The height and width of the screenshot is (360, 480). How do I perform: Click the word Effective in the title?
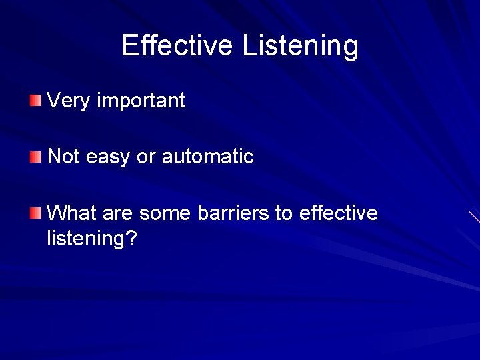pyautogui.click(x=177, y=45)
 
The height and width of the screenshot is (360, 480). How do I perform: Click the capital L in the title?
pyautogui.click(x=248, y=45)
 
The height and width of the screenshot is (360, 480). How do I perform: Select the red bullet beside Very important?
pyautogui.click(x=35, y=101)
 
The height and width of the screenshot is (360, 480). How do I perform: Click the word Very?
pyautogui.click(x=69, y=101)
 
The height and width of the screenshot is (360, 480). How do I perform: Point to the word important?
pyautogui.click(x=141, y=102)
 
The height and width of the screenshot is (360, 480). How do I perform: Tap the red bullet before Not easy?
pyautogui.click(x=35, y=157)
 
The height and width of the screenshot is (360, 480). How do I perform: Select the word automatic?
pyautogui.click(x=207, y=157)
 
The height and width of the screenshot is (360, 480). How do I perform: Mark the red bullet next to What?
pyautogui.click(x=35, y=213)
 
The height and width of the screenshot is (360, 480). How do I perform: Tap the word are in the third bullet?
pyautogui.click(x=117, y=214)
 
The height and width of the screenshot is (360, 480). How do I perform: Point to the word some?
pyautogui.click(x=166, y=214)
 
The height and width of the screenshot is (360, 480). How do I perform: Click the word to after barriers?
pyautogui.click(x=284, y=214)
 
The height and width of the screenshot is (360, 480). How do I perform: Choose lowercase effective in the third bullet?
pyautogui.click(x=339, y=213)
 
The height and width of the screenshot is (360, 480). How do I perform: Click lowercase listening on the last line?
pyautogui.click(x=85, y=238)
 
